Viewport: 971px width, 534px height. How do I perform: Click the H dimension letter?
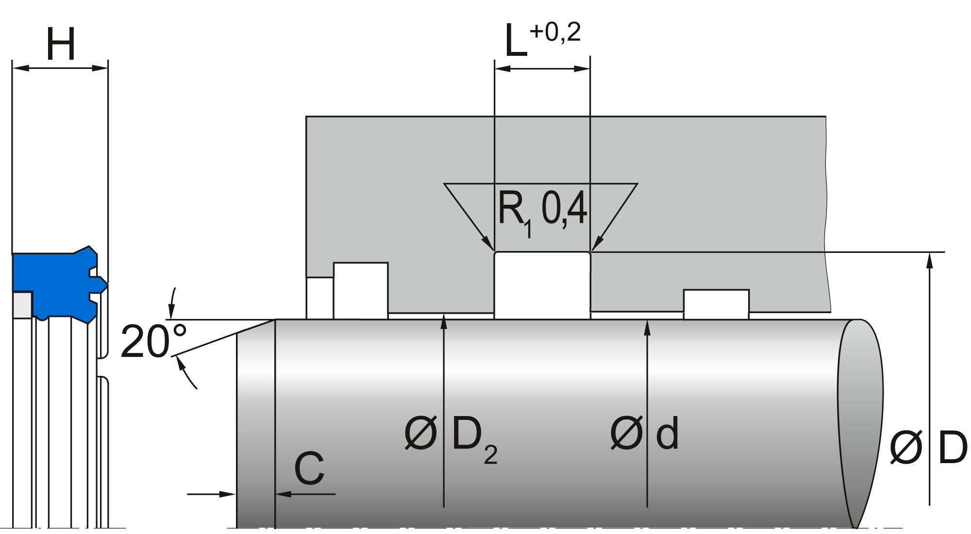coord(61,44)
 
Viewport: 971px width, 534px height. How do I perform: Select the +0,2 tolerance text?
coord(555,32)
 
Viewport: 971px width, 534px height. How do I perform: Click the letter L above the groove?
coord(516,41)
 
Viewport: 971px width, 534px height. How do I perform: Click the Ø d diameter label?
coord(644,434)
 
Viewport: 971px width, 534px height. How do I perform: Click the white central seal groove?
coord(542,285)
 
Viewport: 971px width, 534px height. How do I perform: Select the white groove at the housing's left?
coord(360,290)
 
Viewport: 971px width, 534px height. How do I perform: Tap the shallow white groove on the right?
coord(716,303)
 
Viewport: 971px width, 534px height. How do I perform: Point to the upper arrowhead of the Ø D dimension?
coord(930,260)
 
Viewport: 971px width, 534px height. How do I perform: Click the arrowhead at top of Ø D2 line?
coord(444,321)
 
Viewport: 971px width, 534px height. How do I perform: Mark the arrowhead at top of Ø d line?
coord(647,327)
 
